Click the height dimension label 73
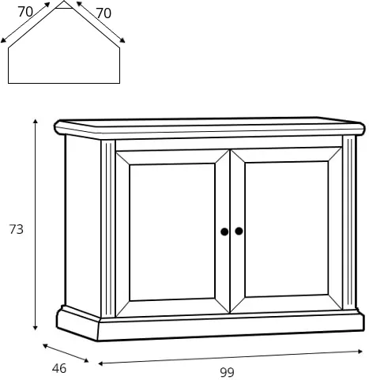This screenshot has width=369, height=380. (17, 229)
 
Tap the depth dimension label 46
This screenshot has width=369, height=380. (59, 368)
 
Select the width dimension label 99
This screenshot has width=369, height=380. (227, 372)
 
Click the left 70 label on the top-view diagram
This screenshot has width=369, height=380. (25, 12)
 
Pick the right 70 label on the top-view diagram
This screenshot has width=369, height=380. (104, 13)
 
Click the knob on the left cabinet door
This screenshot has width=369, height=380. (224, 231)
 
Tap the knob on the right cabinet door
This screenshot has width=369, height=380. (239, 231)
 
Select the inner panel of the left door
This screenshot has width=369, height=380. (172, 231)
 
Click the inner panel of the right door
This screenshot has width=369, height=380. (287, 229)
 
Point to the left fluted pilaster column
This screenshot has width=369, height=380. (108, 228)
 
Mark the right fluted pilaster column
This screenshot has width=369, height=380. (349, 223)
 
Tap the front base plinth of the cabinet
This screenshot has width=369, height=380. (231, 326)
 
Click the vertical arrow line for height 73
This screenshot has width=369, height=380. (36, 224)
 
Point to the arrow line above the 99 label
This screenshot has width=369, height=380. (231, 357)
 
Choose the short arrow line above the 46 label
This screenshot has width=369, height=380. (66, 353)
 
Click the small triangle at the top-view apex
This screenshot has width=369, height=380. (64, 6)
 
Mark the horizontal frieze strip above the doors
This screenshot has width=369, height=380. (228, 144)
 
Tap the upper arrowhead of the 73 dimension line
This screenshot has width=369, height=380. (36, 121)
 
